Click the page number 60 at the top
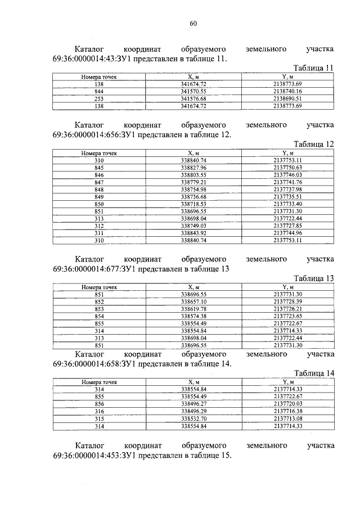(193, 23)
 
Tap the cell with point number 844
(99, 91)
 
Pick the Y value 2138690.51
(287, 98)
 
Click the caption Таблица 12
(313, 144)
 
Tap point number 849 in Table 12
(99, 197)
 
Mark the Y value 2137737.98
(287, 190)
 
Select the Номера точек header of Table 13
(99, 287)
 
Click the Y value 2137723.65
(287, 316)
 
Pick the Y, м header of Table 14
(287, 382)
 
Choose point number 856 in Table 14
(99, 404)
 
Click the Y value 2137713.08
(287, 418)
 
